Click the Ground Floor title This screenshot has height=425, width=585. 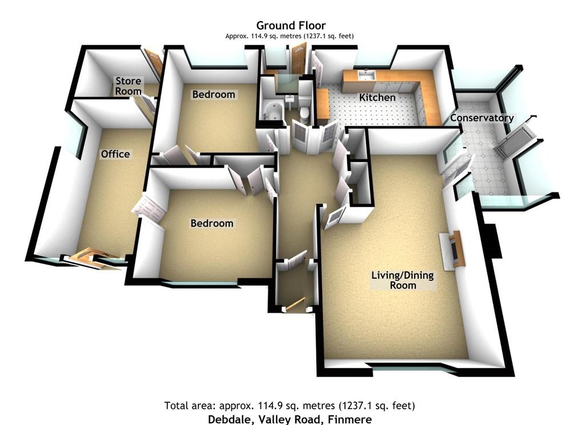(291, 25)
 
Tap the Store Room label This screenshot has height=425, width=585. (128, 86)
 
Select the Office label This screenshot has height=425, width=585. (115, 154)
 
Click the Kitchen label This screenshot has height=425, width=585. (377, 97)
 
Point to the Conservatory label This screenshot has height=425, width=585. (482, 118)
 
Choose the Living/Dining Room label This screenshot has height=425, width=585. (403, 280)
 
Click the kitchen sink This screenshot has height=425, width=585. (366, 75)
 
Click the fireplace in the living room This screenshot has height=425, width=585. (453, 250)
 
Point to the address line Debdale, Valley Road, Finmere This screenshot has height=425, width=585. (290, 419)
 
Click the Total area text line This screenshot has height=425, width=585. (290, 405)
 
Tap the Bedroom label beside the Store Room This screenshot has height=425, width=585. (214, 95)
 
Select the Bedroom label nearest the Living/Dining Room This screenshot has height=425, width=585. (212, 223)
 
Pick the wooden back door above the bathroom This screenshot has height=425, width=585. (299, 59)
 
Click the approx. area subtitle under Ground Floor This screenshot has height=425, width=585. (290, 36)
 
